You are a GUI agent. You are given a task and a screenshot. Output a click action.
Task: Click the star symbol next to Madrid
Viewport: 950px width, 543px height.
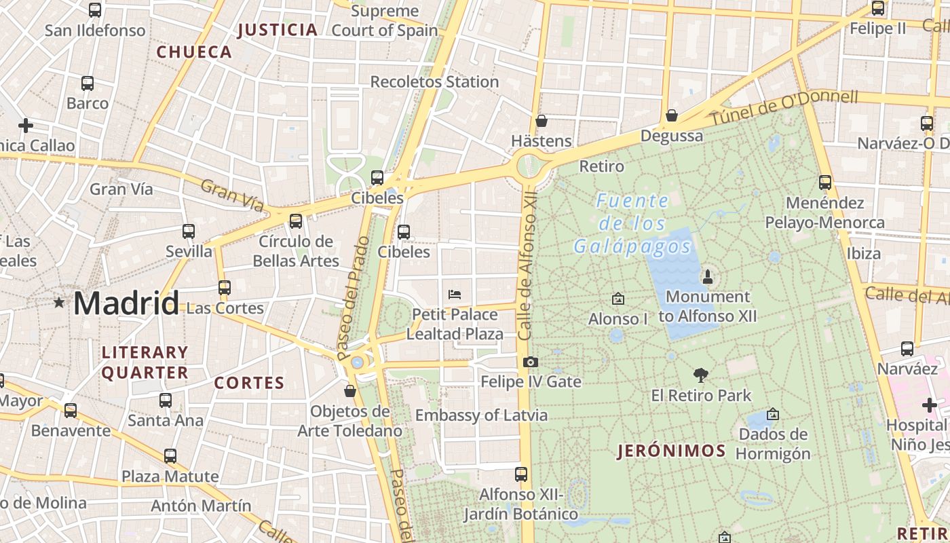[60, 303]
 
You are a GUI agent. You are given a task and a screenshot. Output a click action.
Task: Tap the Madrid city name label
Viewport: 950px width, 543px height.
[126, 303]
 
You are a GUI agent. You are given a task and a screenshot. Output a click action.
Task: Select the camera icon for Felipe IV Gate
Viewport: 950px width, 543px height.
[531, 362]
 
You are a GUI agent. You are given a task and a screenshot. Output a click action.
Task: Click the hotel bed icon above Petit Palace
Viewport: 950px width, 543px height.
[455, 295]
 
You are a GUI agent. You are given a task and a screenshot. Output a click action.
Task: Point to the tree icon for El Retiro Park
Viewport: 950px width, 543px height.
[701, 375]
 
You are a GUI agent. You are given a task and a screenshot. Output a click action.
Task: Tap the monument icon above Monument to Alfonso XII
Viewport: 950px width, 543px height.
[708, 276]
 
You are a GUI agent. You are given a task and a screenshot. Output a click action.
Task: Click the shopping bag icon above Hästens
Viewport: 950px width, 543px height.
[541, 121]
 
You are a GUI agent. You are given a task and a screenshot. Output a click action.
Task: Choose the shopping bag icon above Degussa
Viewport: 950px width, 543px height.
[671, 116]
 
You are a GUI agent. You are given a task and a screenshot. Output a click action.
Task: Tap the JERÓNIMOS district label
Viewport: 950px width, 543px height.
[671, 451]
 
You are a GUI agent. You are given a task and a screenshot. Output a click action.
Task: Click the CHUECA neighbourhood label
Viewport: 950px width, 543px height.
[194, 52]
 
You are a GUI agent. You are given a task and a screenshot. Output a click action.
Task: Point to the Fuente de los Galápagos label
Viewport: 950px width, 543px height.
[632, 224]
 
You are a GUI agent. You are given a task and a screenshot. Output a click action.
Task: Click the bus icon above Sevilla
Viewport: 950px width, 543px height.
[189, 231]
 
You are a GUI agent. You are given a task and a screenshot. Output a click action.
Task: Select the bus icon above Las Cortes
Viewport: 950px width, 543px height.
[225, 288]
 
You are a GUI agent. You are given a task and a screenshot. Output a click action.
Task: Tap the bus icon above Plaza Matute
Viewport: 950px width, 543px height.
[170, 456]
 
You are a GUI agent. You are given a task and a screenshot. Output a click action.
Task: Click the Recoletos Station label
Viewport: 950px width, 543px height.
[434, 82]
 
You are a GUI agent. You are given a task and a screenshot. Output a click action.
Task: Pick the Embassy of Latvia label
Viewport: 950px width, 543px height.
[481, 415]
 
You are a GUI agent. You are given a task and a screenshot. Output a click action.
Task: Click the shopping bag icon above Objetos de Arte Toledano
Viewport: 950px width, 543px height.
[350, 391]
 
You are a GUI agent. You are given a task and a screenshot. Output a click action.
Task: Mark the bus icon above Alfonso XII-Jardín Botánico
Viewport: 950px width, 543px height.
[521, 474]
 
